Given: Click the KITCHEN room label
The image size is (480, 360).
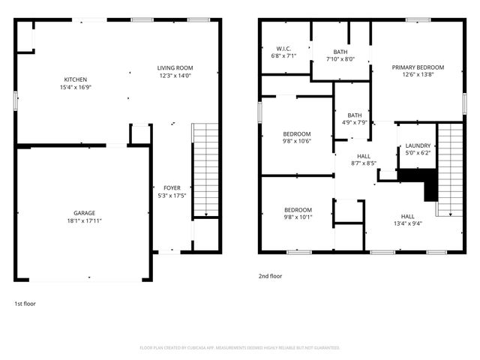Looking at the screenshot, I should click(75, 79).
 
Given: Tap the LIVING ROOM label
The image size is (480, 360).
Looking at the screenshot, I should click(175, 68).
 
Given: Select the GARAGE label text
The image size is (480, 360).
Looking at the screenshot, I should click(84, 213).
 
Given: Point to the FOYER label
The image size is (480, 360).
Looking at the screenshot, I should click(172, 187).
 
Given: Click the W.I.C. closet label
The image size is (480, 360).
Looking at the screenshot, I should click(283, 49).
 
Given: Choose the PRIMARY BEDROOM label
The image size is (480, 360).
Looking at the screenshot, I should click(418, 67).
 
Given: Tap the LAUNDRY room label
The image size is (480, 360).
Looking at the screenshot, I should click(418, 145).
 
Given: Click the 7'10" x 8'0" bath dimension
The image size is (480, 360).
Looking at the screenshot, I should click(340, 59).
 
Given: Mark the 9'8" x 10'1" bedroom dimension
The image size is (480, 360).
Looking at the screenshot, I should click(297, 217).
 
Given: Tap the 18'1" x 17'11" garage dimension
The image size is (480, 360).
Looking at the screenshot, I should click(84, 221).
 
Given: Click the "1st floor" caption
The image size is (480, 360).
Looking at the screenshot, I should click(25, 304).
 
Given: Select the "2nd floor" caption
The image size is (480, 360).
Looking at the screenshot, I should click(271, 276).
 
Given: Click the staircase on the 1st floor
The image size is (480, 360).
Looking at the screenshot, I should click(205, 170).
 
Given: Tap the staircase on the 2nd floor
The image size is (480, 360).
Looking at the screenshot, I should click(450, 169).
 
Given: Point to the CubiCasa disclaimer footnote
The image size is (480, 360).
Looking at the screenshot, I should click(240, 348).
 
